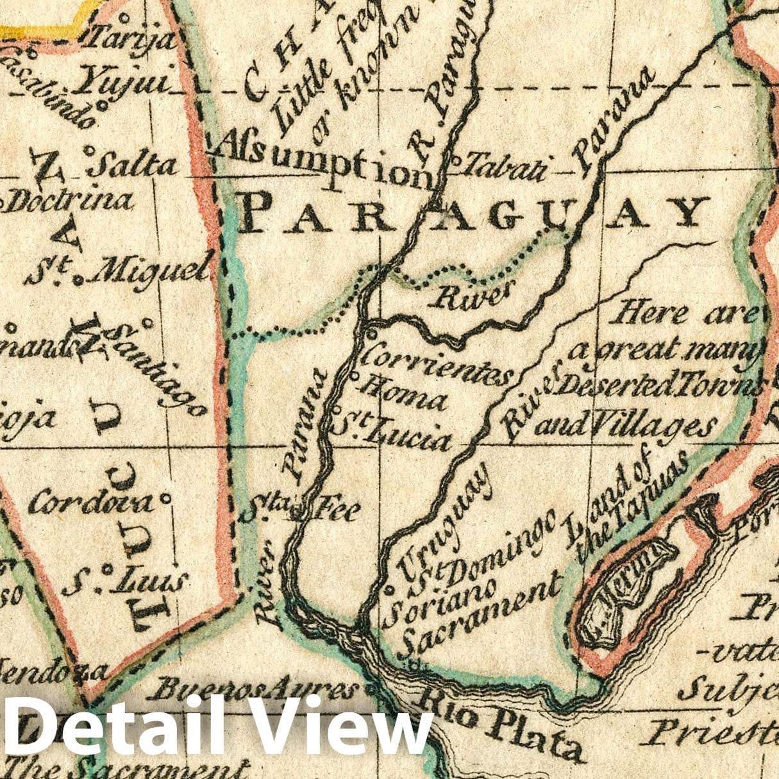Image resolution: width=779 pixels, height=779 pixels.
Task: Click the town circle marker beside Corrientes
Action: [x=371, y=333]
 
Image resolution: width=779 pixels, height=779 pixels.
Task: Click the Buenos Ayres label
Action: [x=255, y=691]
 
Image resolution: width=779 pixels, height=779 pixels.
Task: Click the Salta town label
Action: [x=134, y=164]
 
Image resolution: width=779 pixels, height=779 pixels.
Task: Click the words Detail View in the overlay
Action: [x=218, y=726]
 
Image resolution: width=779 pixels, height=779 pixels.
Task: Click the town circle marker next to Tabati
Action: [x=456, y=160]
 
